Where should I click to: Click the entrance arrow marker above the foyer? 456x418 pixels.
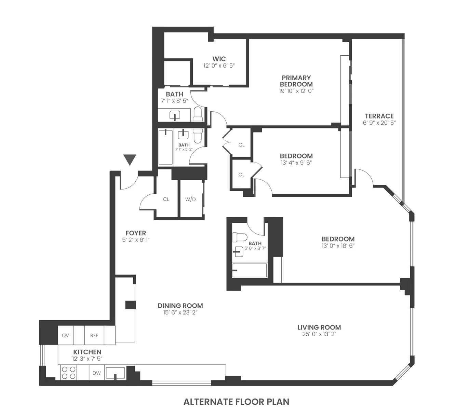130,159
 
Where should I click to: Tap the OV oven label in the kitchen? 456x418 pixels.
65,335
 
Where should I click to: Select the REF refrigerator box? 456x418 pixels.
94,335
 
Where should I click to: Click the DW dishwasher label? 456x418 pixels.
97,373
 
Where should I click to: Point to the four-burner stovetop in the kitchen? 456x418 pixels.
68,373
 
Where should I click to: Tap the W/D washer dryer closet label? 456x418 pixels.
190,199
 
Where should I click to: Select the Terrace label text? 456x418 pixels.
379,116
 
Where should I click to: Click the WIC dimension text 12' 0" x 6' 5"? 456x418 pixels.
219,66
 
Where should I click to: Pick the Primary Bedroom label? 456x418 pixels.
296,81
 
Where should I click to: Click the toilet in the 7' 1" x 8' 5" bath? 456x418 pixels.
198,114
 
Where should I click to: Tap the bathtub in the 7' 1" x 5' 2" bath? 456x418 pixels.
166,147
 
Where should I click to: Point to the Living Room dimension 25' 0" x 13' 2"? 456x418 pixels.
319,334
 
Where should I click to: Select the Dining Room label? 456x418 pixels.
180,306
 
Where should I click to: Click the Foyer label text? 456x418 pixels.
136,233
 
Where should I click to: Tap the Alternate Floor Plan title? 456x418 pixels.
236,402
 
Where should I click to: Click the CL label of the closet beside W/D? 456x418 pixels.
166,199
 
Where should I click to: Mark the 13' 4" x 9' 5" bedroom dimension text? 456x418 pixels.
296,163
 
